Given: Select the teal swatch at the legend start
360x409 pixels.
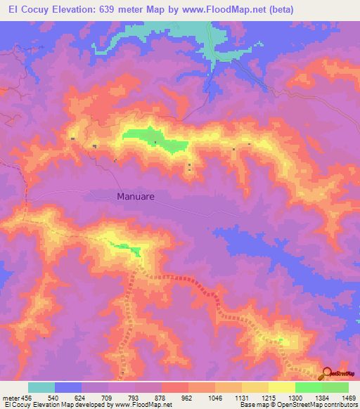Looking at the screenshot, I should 41,387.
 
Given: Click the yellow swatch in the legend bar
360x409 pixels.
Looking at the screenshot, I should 281,387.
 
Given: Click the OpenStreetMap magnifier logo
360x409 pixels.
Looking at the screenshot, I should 327,374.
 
